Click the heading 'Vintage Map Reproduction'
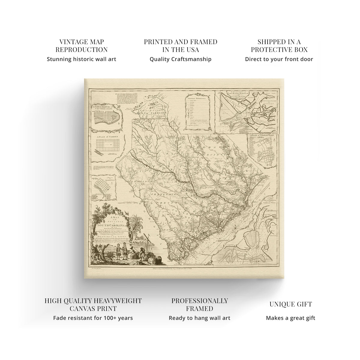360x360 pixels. click(x=82, y=46)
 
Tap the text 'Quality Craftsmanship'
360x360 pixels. click(x=181, y=59)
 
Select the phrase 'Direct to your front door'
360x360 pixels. click(x=279, y=59)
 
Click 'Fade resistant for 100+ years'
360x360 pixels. click(x=93, y=318)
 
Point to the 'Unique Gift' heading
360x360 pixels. click(x=290, y=304)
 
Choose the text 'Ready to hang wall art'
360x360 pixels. click(x=199, y=318)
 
